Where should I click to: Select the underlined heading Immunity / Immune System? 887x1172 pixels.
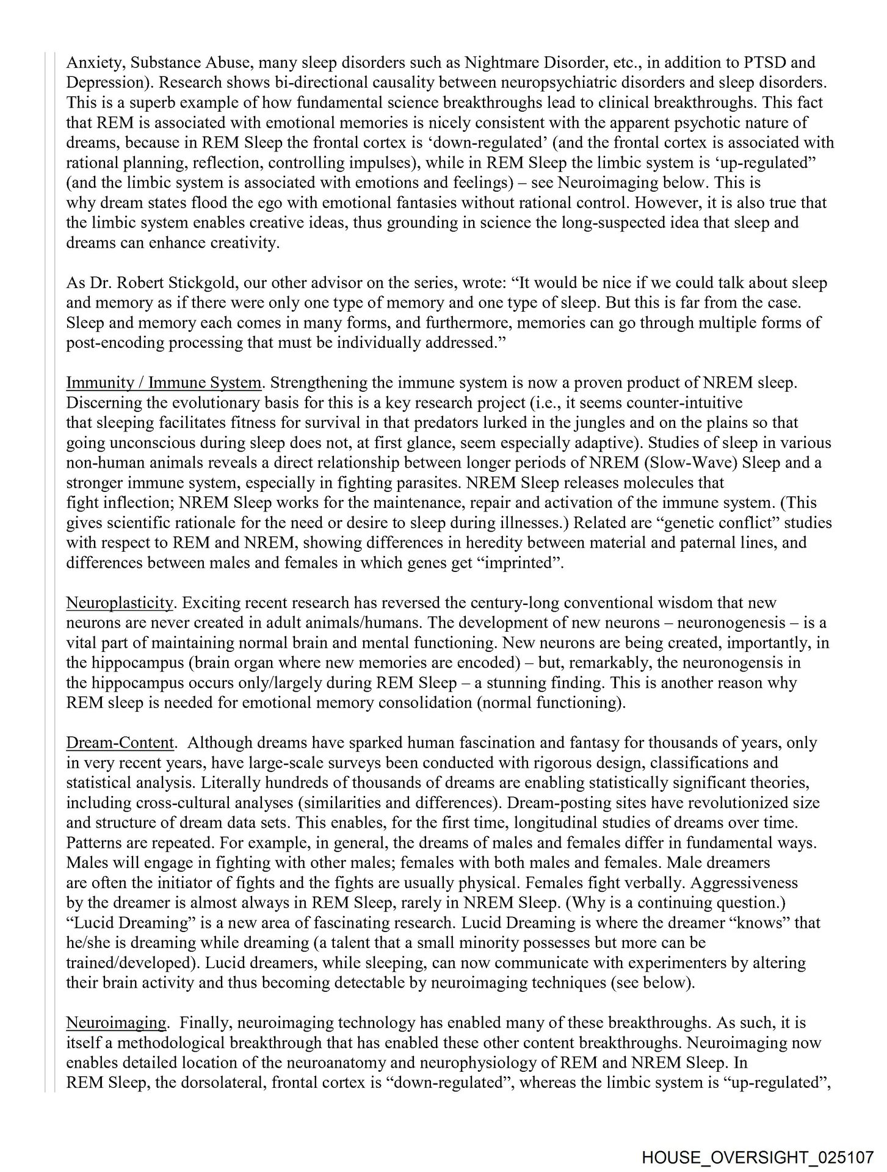point(164,383)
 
